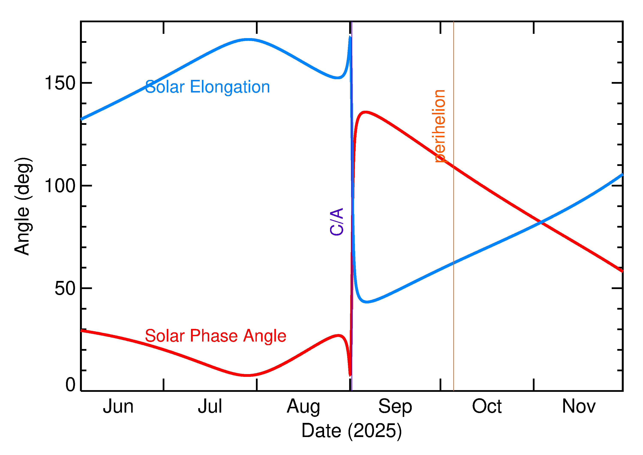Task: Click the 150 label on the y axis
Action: coord(60,83)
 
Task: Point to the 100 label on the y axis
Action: coord(60,186)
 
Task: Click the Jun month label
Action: coord(118,407)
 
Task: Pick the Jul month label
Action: coord(210,407)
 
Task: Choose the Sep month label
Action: coord(395,407)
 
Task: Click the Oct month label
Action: coord(487,407)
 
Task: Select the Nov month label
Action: coord(579,407)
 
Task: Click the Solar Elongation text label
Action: coord(207,87)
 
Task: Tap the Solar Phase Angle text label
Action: coord(215,336)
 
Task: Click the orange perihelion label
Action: coord(439,126)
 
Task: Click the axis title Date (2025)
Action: coord(351,431)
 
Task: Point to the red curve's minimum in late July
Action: coord(247,375)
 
